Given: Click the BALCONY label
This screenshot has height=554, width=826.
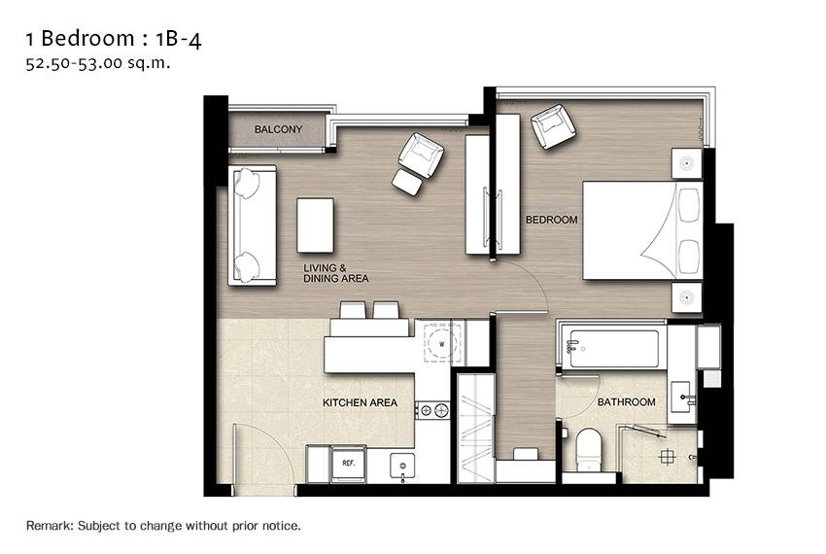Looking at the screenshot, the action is coord(278,129).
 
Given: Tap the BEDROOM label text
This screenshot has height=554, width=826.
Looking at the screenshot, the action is coord(552,220).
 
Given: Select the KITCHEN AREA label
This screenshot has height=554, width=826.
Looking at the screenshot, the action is coord(360,402).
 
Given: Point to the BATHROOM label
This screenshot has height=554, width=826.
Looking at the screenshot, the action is coord(627,402).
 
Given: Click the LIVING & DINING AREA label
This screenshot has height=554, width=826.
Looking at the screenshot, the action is coord(335,273).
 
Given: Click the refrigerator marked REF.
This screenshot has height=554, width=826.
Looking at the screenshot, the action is coord(348,464).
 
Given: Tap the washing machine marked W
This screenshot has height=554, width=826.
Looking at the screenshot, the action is coord(441,344).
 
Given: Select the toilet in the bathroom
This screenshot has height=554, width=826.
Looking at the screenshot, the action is coord(589,450).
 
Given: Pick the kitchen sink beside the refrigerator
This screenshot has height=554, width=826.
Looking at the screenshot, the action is coord(402,467).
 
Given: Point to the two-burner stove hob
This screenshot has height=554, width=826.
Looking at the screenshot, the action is coord(432,409).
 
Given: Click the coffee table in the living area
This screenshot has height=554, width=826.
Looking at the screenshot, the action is coord(315,225).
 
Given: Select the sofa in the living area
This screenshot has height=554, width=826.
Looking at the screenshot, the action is coord(252,225).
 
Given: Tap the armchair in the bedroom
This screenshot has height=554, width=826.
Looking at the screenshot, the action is coord(553,126).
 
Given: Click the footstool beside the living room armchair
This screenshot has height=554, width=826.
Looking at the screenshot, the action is coord(408,183).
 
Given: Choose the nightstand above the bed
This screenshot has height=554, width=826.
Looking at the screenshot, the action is coord(686,163).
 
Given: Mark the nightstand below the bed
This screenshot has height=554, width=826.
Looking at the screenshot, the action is coord(686,297).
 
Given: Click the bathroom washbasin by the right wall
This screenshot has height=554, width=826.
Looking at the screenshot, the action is coord(683,396).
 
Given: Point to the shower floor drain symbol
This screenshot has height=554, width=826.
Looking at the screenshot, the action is coord(667,457).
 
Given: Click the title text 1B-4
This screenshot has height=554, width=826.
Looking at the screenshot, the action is coord(179,39).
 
